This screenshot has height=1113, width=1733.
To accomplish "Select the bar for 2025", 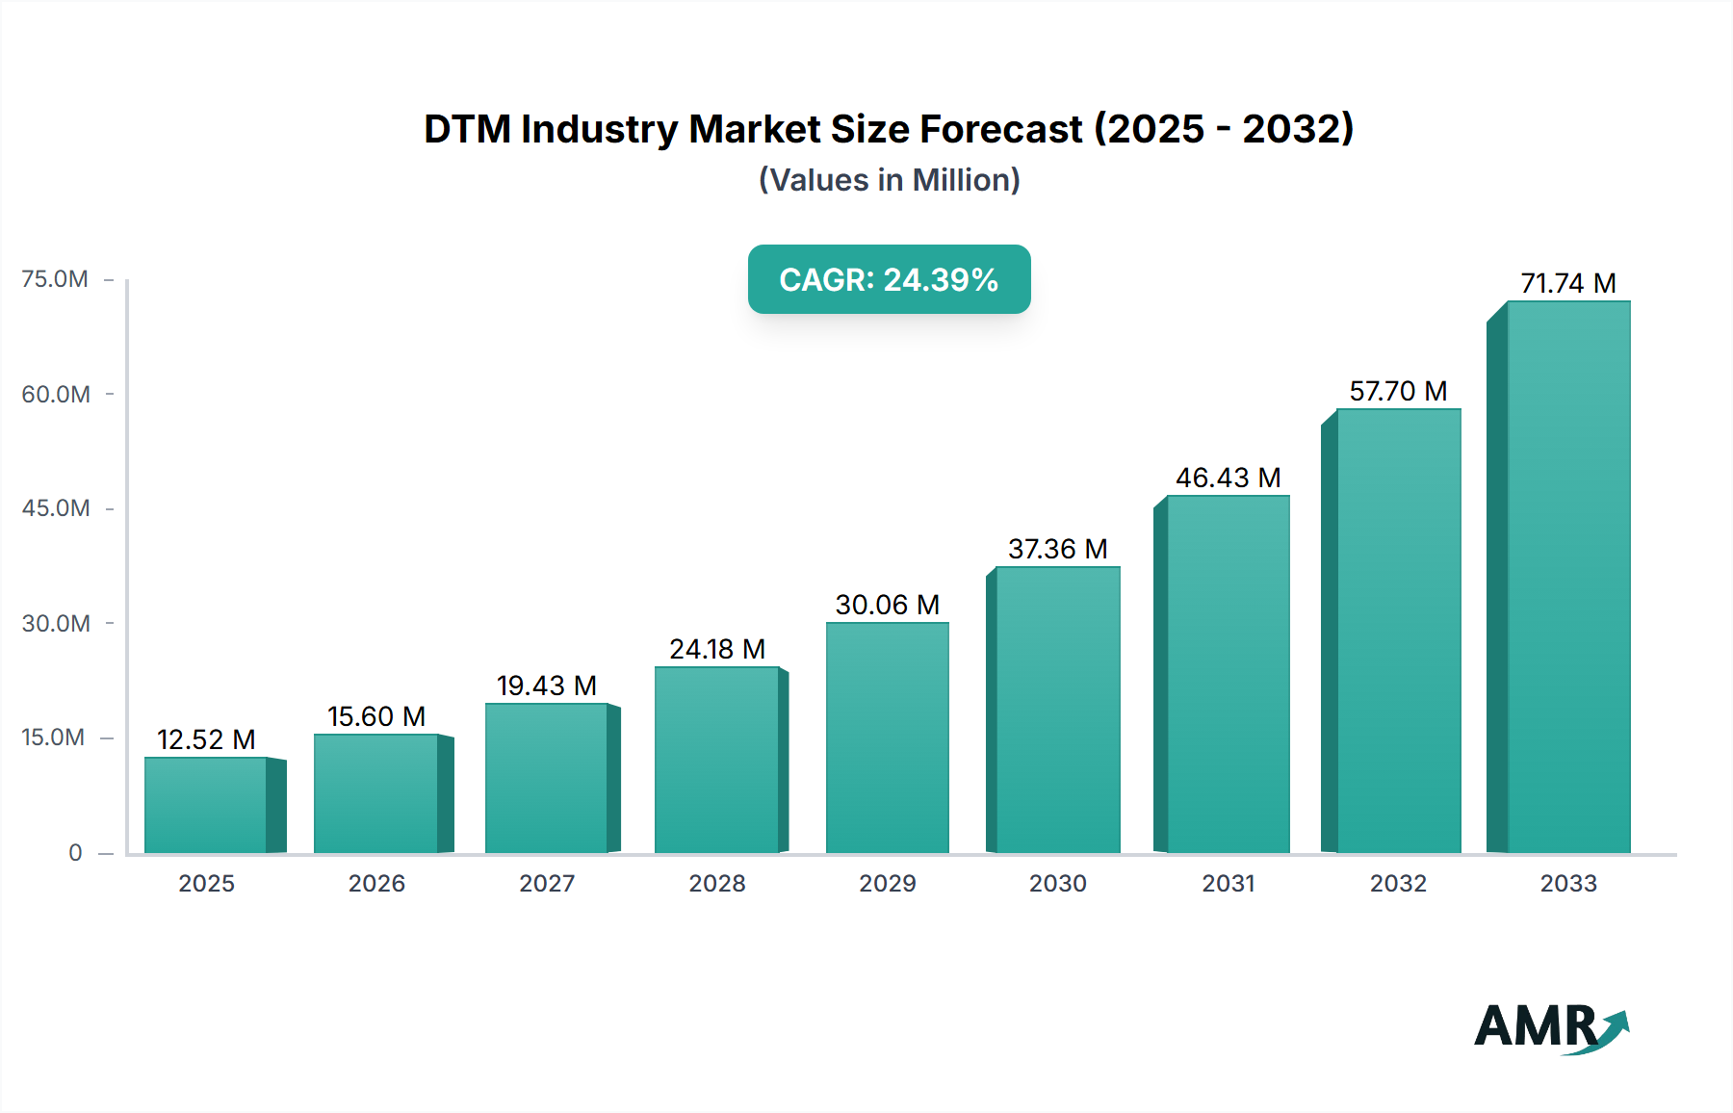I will [206, 805].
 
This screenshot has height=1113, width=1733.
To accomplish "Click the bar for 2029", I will [888, 738].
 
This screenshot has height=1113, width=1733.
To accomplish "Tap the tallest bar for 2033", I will [1568, 578].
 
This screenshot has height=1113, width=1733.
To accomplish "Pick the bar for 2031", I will [1228, 674].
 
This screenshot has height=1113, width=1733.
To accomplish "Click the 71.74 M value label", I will [1568, 283].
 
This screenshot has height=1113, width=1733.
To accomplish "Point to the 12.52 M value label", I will [206, 739].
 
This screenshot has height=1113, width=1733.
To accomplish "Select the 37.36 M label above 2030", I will [1058, 549].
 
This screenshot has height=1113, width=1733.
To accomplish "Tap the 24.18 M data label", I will [717, 649].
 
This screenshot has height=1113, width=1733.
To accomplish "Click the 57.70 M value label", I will [1398, 391].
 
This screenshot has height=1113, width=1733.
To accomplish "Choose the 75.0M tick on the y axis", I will [55, 279].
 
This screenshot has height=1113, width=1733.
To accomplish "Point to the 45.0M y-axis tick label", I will [55, 508].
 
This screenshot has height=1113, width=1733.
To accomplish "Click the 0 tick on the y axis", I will [75, 853].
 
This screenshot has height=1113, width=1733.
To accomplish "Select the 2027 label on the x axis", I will [547, 884].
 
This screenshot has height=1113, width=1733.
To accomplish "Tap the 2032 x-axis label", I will [1398, 884].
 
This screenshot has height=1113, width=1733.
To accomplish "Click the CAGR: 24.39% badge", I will [889, 279].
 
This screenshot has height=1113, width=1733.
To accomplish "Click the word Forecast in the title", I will [1001, 129].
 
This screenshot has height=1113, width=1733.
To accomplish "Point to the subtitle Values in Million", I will [889, 180].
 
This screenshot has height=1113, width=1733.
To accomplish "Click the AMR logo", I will [1550, 1027].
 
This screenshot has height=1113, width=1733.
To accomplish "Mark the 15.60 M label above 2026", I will [376, 716].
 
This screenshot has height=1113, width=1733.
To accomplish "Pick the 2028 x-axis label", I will [717, 884].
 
